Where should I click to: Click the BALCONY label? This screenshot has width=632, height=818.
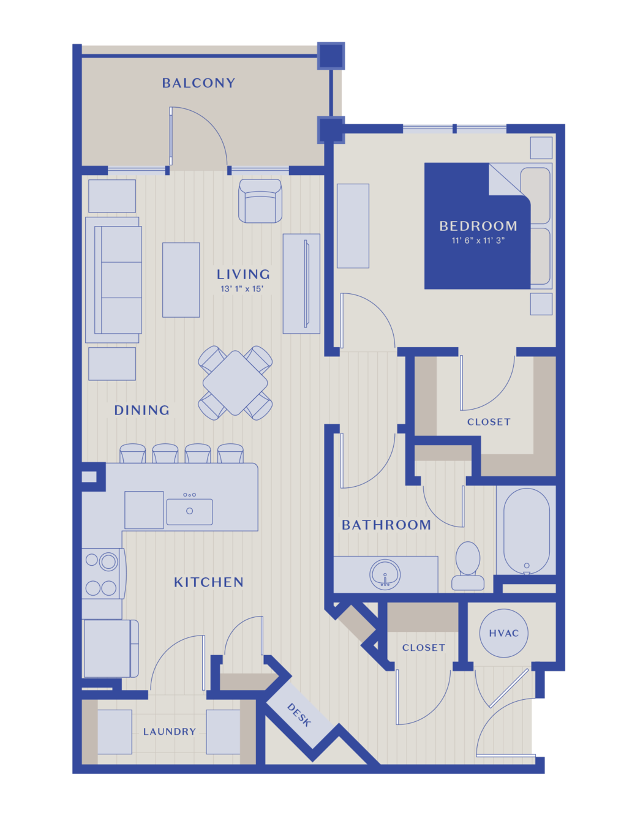pyautogui.click(x=198, y=83)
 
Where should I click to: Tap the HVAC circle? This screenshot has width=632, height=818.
pyautogui.click(x=503, y=633)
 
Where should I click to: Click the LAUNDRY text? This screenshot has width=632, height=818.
pyautogui.click(x=170, y=731)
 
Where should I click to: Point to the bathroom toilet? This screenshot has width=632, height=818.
pyautogui.click(x=467, y=566)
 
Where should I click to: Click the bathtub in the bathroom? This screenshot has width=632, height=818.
pyautogui.click(x=526, y=531)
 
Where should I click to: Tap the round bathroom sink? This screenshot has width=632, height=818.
pyautogui.click(x=385, y=575)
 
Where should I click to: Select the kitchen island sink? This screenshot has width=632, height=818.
pyautogui.click(x=189, y=511)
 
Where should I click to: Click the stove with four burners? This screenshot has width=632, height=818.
pyautogui.click(x=103, y=573)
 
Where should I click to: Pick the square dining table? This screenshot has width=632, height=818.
pyautogui.click(x=235, y=383)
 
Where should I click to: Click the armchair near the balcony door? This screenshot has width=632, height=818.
pyautogui.click(x=260, y=201)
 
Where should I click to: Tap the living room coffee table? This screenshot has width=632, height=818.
pyautogui.click(x=181, y=280)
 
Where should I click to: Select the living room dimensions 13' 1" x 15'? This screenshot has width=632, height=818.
pyautogui.click(x=242, y=289)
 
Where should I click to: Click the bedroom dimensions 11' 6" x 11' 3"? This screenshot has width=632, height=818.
pyautogui.click(x=478, y=240)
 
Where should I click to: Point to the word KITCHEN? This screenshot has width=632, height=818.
pyautogui.click(x=209, y=583)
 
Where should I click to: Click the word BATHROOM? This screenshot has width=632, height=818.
pyautogui.click(x=386, y=525)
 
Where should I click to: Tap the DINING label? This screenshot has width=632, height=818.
pyautogui.click(x=141, y=410)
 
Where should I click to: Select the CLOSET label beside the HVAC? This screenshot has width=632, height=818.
pyautogui.click(x=424, y=647)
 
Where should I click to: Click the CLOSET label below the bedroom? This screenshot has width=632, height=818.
pyautogui.click(x=489, y=422)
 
